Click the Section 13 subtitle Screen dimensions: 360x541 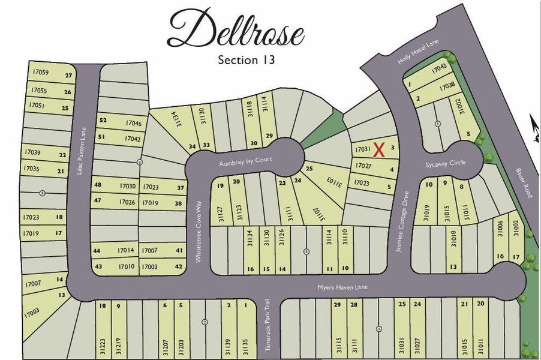coord(247,60)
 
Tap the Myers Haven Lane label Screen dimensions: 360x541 coord(343,288)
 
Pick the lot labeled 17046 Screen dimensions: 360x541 coord(133,123)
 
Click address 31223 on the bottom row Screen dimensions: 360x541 coord(103,345)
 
